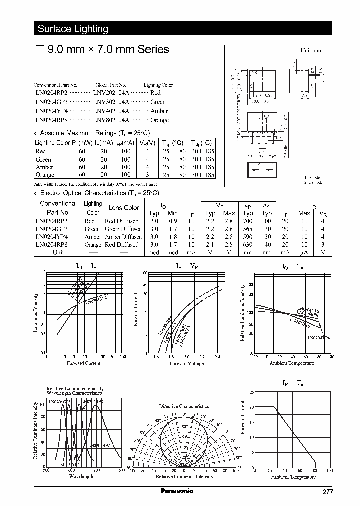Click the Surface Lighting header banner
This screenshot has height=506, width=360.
(73, 29)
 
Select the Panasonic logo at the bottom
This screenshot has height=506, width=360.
(176, 491)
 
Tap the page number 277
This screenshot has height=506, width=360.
(327, 492)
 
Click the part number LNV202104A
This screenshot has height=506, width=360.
(111, 93)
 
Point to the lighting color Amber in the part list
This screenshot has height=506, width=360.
(159, 111)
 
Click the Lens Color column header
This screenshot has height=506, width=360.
(124, 208)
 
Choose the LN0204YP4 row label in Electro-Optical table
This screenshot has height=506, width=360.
(51, 237)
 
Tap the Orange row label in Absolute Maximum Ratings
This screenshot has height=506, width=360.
(44, 175)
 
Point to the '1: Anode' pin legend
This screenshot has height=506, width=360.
(313, 177)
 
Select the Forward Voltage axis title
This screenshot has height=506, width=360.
(186, 363)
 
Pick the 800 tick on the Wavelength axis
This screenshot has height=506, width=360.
(121, 471)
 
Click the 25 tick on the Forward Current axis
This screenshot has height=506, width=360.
(251, 393)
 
